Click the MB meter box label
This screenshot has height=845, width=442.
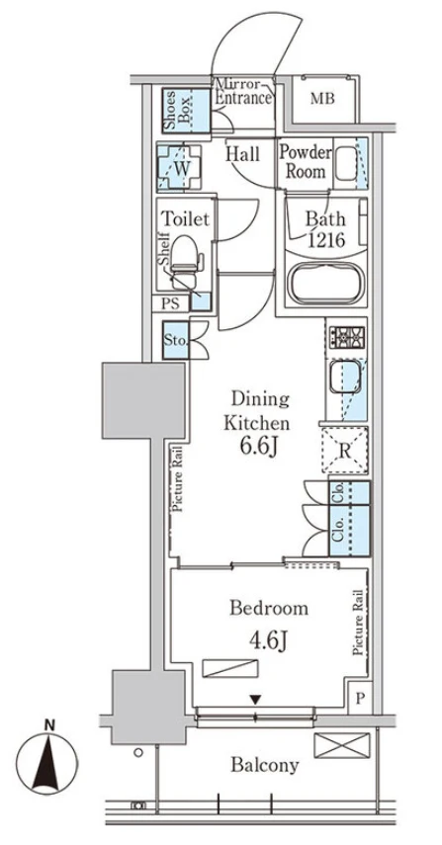tap(322, 99)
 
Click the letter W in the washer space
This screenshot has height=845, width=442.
tap(182, 168)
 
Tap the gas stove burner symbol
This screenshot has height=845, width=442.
tap(347, 338)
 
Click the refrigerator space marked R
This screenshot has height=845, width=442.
tap(345, 450)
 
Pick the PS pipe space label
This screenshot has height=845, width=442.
tap(172, 304)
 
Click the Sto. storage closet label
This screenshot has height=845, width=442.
tap(176, 341)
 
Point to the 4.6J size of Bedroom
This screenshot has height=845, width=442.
tap(267, 640)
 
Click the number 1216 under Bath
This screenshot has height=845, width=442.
tap(325, 239)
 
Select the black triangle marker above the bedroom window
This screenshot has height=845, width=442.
tap(255, 699)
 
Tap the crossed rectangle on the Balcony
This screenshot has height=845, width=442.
tap(342, 745)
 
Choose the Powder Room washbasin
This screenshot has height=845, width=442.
tap(345, 163)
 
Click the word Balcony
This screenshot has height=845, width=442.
tap(265, 765)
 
